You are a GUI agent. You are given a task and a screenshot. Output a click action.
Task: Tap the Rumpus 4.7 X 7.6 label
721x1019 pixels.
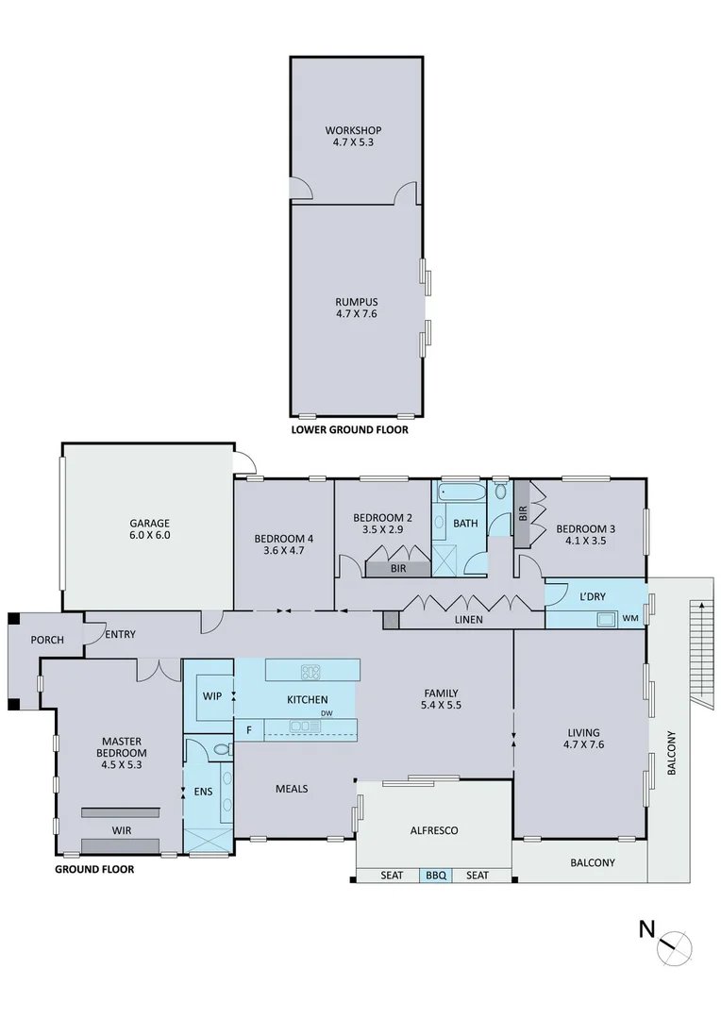(356, 308)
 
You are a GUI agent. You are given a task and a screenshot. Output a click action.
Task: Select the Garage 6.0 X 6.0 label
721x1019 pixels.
(149, 529)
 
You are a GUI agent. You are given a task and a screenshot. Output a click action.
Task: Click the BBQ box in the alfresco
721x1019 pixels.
(435, 876)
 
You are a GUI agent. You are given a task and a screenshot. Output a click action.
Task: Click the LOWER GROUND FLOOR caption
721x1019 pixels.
(350, 429)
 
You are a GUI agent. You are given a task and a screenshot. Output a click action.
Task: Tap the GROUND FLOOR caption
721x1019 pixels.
(93, 869)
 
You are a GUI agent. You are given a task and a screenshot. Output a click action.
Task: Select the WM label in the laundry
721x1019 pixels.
(630, 618)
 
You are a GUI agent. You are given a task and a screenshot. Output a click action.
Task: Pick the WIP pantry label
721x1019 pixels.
(212, 695)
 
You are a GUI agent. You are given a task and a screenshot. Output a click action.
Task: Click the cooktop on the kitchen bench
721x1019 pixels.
(310, 672)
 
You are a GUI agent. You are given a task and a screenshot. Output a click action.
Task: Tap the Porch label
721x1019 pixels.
(47, 640)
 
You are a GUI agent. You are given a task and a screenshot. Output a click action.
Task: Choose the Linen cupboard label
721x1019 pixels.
(468, 620)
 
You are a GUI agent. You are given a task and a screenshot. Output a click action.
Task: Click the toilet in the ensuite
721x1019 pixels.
(221, 750)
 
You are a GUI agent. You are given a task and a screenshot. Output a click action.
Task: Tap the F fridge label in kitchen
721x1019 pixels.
(249, 729)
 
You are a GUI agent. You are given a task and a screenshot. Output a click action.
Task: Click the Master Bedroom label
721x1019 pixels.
(121, 747)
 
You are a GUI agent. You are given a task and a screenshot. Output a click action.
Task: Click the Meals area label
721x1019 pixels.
(292, 788)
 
